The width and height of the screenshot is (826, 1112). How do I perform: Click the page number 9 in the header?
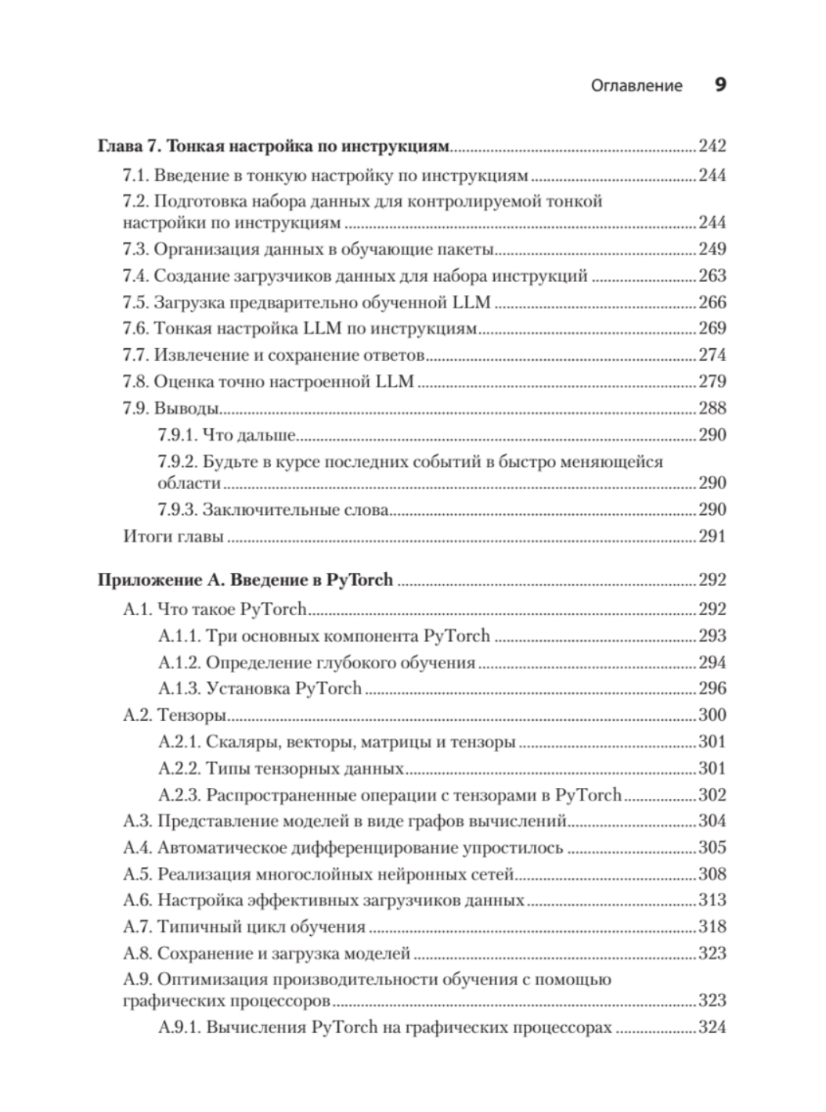[720, 85]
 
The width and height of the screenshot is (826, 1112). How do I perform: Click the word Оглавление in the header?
[637, 85]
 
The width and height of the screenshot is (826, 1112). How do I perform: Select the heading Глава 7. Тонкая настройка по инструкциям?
[274, 146]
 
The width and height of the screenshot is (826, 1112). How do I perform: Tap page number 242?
[712, 146]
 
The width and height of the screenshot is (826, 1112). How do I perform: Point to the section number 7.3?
[135, 249]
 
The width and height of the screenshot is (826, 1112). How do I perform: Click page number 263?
[712, 275]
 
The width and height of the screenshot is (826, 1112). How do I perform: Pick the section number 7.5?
[135, 302]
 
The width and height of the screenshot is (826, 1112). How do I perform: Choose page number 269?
[712, 328]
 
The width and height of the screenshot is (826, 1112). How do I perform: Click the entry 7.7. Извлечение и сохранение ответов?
[273, 354]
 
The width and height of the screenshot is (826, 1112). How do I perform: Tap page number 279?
[712, 381]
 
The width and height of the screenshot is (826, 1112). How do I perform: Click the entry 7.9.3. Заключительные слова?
[273, 509]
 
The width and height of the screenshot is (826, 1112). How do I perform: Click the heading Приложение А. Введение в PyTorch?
[244, 580]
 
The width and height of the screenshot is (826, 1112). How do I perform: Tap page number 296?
[712, 688]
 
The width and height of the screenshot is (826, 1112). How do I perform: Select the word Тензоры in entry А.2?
[192, 714]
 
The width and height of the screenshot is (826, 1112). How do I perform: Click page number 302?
[712, 794]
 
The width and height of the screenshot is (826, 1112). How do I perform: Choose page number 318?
[712, 927]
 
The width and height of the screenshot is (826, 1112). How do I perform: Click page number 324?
[712, 1027]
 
